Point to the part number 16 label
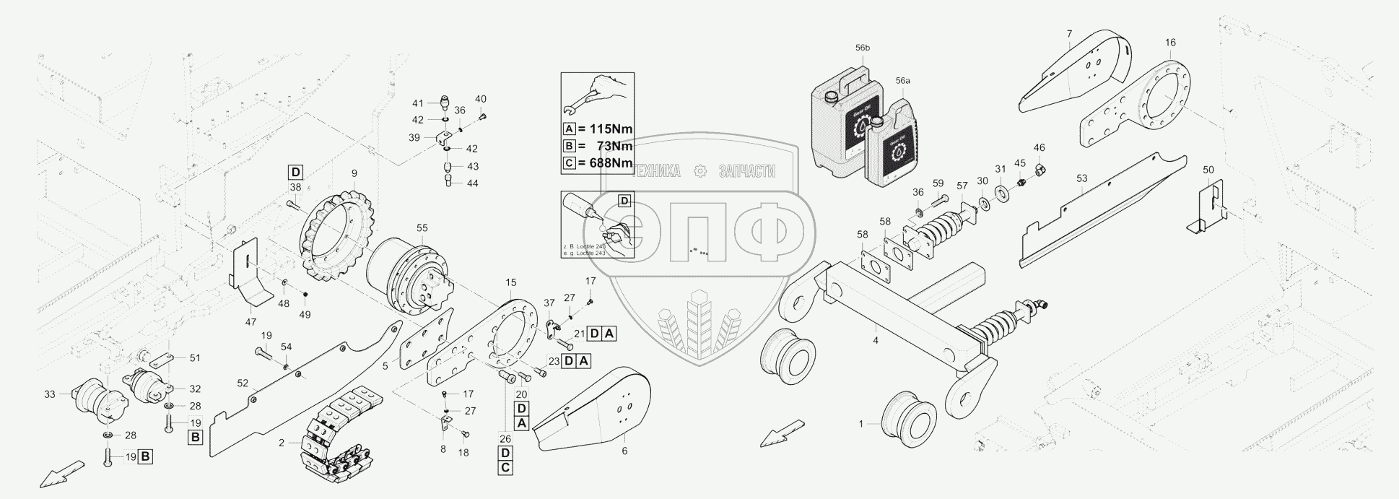(1170, 43)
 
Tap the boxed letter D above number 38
(295, 172)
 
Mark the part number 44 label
(473, 183)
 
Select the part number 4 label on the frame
(875, 339)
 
